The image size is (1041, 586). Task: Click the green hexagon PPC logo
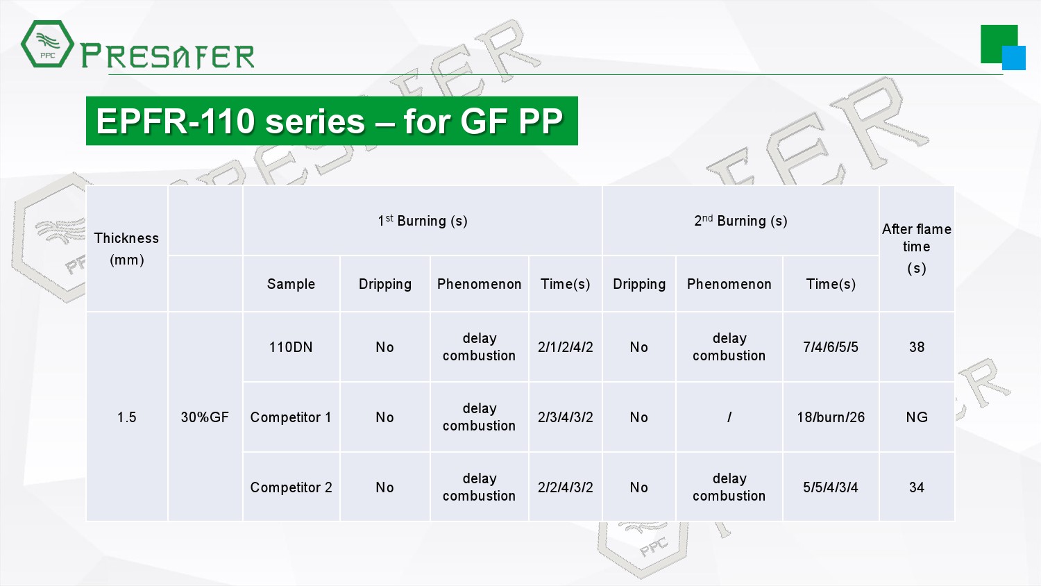[x=47, y=44]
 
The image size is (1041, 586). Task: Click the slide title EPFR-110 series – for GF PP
[x=330, y=121]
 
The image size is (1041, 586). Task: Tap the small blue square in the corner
[x=1013, y=58]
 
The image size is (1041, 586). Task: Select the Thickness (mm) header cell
[x=126, y=249]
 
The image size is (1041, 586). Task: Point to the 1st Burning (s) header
[x=423, y=221]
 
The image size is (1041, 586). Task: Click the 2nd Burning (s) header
[x=740, y=221]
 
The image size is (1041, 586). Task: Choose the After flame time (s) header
[x=917, y=249]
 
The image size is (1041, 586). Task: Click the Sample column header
[x=291, y=284]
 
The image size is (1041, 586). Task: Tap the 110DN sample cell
[x=291, y=347]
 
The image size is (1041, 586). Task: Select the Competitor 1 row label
[x=291, y=417]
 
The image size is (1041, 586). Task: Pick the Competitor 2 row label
[x=291, y=487]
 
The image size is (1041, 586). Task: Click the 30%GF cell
[x=205, y=417]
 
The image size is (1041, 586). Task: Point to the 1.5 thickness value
[x=126, y=417]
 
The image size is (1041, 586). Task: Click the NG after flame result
[x=917, y=417]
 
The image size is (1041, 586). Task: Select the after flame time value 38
[x=917, y=347]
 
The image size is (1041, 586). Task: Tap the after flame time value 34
[x=917, y=487]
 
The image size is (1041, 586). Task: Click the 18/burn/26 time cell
[x=831, y=417]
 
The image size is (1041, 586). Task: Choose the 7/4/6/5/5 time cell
[x=831, y=347]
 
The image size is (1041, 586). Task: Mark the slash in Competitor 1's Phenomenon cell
[x=729, y=417]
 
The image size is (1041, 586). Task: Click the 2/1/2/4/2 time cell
[x=565, y=347]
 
